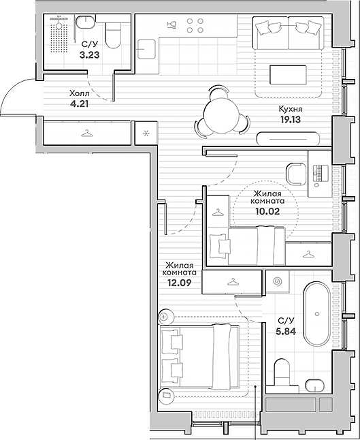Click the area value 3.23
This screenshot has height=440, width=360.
[89, 54]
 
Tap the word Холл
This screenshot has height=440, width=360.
[80, 93]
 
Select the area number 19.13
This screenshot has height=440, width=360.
[291, 120]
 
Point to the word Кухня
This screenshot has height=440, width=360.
[291, 108]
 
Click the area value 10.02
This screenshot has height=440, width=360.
[267, 211]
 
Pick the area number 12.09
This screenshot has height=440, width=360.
[180, 283]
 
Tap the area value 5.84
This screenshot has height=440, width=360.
[286, 332]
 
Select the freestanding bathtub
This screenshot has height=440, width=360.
[317, 314]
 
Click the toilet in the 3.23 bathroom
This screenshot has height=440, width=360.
[114, 35]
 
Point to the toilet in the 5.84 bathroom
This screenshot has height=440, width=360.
[282, 373]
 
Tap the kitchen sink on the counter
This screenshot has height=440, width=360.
[146, 49]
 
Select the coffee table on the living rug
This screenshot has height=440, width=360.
[288, 75]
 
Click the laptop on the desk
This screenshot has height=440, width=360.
[321, 174]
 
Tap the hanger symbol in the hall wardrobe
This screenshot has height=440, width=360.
[87, 133]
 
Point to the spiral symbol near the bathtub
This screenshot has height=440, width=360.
[278, 281]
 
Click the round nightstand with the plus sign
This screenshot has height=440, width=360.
[164, 317]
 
